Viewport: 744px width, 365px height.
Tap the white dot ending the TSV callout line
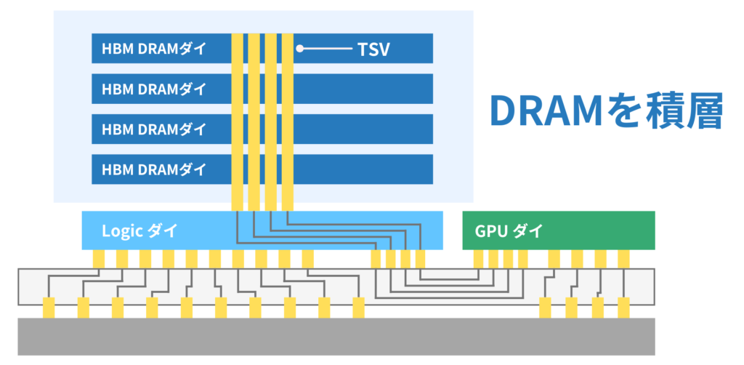tap(299, 49)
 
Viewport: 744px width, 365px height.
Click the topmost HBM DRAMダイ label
tap(154, 49)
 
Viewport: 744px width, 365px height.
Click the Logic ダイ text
tap(139, 231)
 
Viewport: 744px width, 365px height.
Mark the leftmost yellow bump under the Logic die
tap(99, 259)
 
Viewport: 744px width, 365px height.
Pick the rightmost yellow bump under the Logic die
tap(421, 259)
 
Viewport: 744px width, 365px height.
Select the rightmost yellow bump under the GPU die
tap(623, 259)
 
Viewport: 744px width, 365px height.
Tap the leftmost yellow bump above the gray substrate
tap(49, 307)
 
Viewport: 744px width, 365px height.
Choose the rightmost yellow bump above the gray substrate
tap(623, 307)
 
